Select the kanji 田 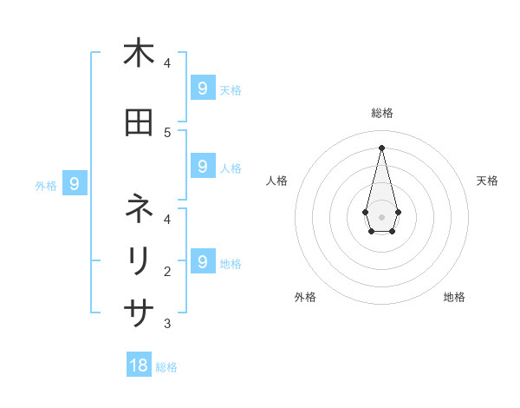coord(139,122)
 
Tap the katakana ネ coord(139,208)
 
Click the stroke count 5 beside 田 coord(167,132)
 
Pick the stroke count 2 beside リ coord(167,272)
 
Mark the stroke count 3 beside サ coord(167,324)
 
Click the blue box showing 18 coord(139,365)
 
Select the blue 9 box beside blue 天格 coord(202,89)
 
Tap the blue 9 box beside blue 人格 coord(202,167)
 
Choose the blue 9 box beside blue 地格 coord(202,261)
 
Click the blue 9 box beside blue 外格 coord(75,184)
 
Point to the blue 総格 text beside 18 coord(166,367)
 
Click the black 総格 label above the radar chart coord(381,113)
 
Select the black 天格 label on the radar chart coord(487,181)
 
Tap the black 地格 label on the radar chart coord(454,297)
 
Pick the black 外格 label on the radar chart coord(305,297)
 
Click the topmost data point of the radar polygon coord(381,147)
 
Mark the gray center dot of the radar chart coord(381,216)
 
